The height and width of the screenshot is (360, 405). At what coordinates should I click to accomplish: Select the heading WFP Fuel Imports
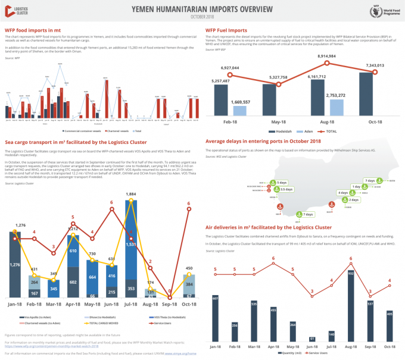226,29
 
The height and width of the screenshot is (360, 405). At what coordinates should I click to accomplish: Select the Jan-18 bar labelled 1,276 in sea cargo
15,264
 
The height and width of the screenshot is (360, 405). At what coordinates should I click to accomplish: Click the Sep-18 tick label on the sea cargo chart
170,304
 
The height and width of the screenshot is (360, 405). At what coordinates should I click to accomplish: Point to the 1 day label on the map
356,187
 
